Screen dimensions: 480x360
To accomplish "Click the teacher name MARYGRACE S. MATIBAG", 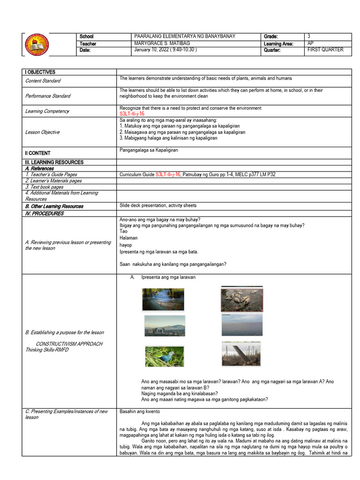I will pyautogui.click(x=159, y=44).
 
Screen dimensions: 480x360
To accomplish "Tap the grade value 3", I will pyautogui.click(x=309, y=37).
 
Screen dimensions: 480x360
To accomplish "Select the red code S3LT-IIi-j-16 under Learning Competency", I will pyautogui.click(x=132, y=114).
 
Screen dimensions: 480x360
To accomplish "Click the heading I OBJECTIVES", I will pyautogui.click(x=40, y=72).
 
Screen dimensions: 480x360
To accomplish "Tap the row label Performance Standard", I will pyautogui.click(x=48, y=96).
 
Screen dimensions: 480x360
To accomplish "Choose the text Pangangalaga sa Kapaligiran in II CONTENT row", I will pyautogui.click(x=149, y=150).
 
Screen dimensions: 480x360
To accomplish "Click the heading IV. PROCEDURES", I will pyautogui.click(x=44, y=213).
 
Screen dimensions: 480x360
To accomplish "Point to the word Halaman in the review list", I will pyautogui.click(x=128, y=238).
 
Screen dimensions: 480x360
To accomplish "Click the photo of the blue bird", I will pyautogui.click(x=165, y=356).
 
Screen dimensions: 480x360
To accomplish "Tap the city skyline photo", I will pyautogui.click(x=165, y=326).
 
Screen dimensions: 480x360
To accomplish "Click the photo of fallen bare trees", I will pyautogui.click(x=242, y=354).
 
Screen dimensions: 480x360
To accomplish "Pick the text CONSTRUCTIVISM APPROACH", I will pyautogui.click(x=69, y=344).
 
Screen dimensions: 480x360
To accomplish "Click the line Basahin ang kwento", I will pyautogui.click(x=140, y=412).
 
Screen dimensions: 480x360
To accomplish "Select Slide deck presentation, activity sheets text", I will pyautogui.click(x=158, y=205).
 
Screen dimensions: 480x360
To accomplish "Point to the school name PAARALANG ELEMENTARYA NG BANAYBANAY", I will pyautogui.click(x=185, y=37).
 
